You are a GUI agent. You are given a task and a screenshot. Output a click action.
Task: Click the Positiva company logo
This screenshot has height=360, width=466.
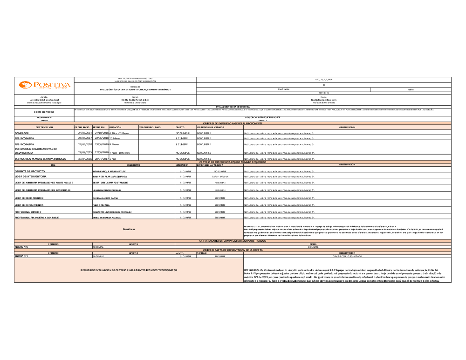(x=44, y=85)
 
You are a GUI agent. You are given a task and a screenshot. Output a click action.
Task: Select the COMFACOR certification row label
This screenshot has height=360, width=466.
(x=22, y=133)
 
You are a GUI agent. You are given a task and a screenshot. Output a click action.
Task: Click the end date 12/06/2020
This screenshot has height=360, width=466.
(x=101, y=152)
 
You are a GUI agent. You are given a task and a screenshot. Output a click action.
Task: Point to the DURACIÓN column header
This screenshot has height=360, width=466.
(x=115, y=127)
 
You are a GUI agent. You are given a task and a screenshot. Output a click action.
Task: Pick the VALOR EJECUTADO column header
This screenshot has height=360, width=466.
(x=150, y=127)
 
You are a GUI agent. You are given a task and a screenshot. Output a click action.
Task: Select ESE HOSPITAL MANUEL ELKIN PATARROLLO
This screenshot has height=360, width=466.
(x=40, y=159)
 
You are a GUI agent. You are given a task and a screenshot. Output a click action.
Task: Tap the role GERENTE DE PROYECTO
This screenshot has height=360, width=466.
(x=30, y=171)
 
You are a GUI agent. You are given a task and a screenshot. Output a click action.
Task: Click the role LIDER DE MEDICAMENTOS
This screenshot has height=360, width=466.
(x=32, y=198)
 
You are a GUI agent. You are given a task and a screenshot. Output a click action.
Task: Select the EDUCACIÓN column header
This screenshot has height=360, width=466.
(x=182, y=165)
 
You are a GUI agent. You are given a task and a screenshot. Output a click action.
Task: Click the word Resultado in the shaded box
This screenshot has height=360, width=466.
(x=129, y=229)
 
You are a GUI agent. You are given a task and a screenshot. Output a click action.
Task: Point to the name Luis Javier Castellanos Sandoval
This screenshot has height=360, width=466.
(x=44, y=99)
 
